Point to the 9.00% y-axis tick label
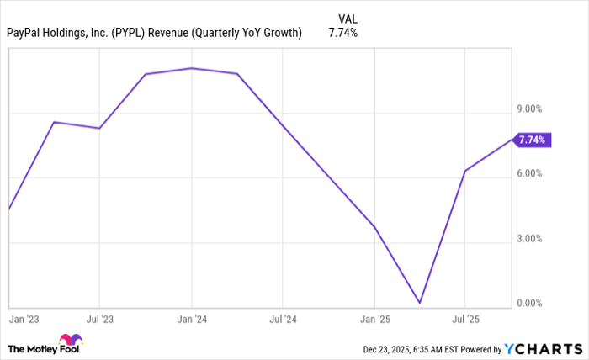(529, 109)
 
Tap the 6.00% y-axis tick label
(529, 173)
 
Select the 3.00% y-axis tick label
(529, 239)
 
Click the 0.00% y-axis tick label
(529, 304)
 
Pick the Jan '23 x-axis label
(24, 320)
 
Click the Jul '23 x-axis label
(100, 320)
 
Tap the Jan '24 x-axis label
(192, 320)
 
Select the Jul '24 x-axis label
(283, 320)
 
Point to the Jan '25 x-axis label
(374, 320)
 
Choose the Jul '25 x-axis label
(465, 320)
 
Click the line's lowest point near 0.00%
(419, 303)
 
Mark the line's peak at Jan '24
(192, 68)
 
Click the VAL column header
(347, 18)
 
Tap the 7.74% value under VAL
(342, 34)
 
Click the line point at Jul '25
(465, 171)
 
